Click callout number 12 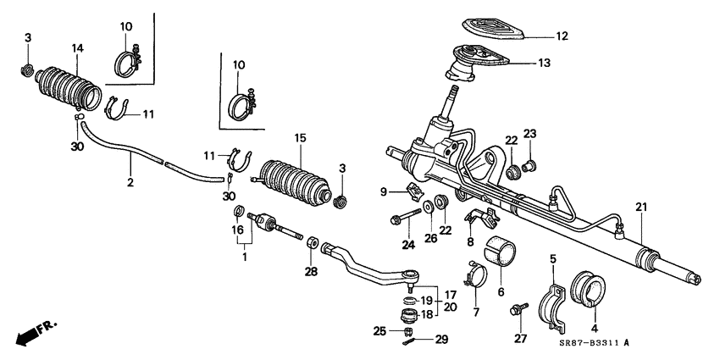point(562,36)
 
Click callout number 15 point(299,138)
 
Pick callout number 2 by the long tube point(130,181)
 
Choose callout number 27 point(519,339)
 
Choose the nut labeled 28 point(312,244)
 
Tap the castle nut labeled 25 point(407,330)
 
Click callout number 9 point(384,190)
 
